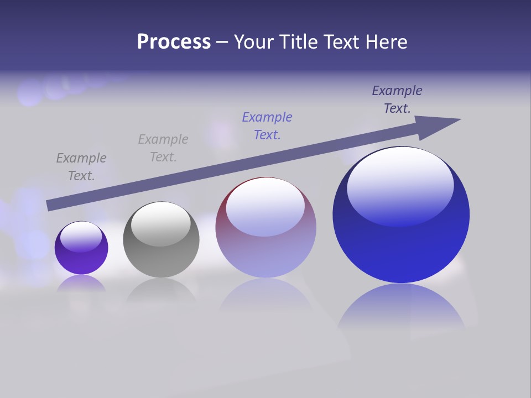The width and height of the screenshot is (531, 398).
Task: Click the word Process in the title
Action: tap(174, 41)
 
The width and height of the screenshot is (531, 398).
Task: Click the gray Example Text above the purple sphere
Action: tap(81, 167)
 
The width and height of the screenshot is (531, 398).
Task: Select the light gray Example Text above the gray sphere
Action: tap(163, 148)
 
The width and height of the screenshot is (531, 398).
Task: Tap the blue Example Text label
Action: tap(267, 126)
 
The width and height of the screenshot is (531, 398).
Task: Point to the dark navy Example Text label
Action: tap(397, 99)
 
